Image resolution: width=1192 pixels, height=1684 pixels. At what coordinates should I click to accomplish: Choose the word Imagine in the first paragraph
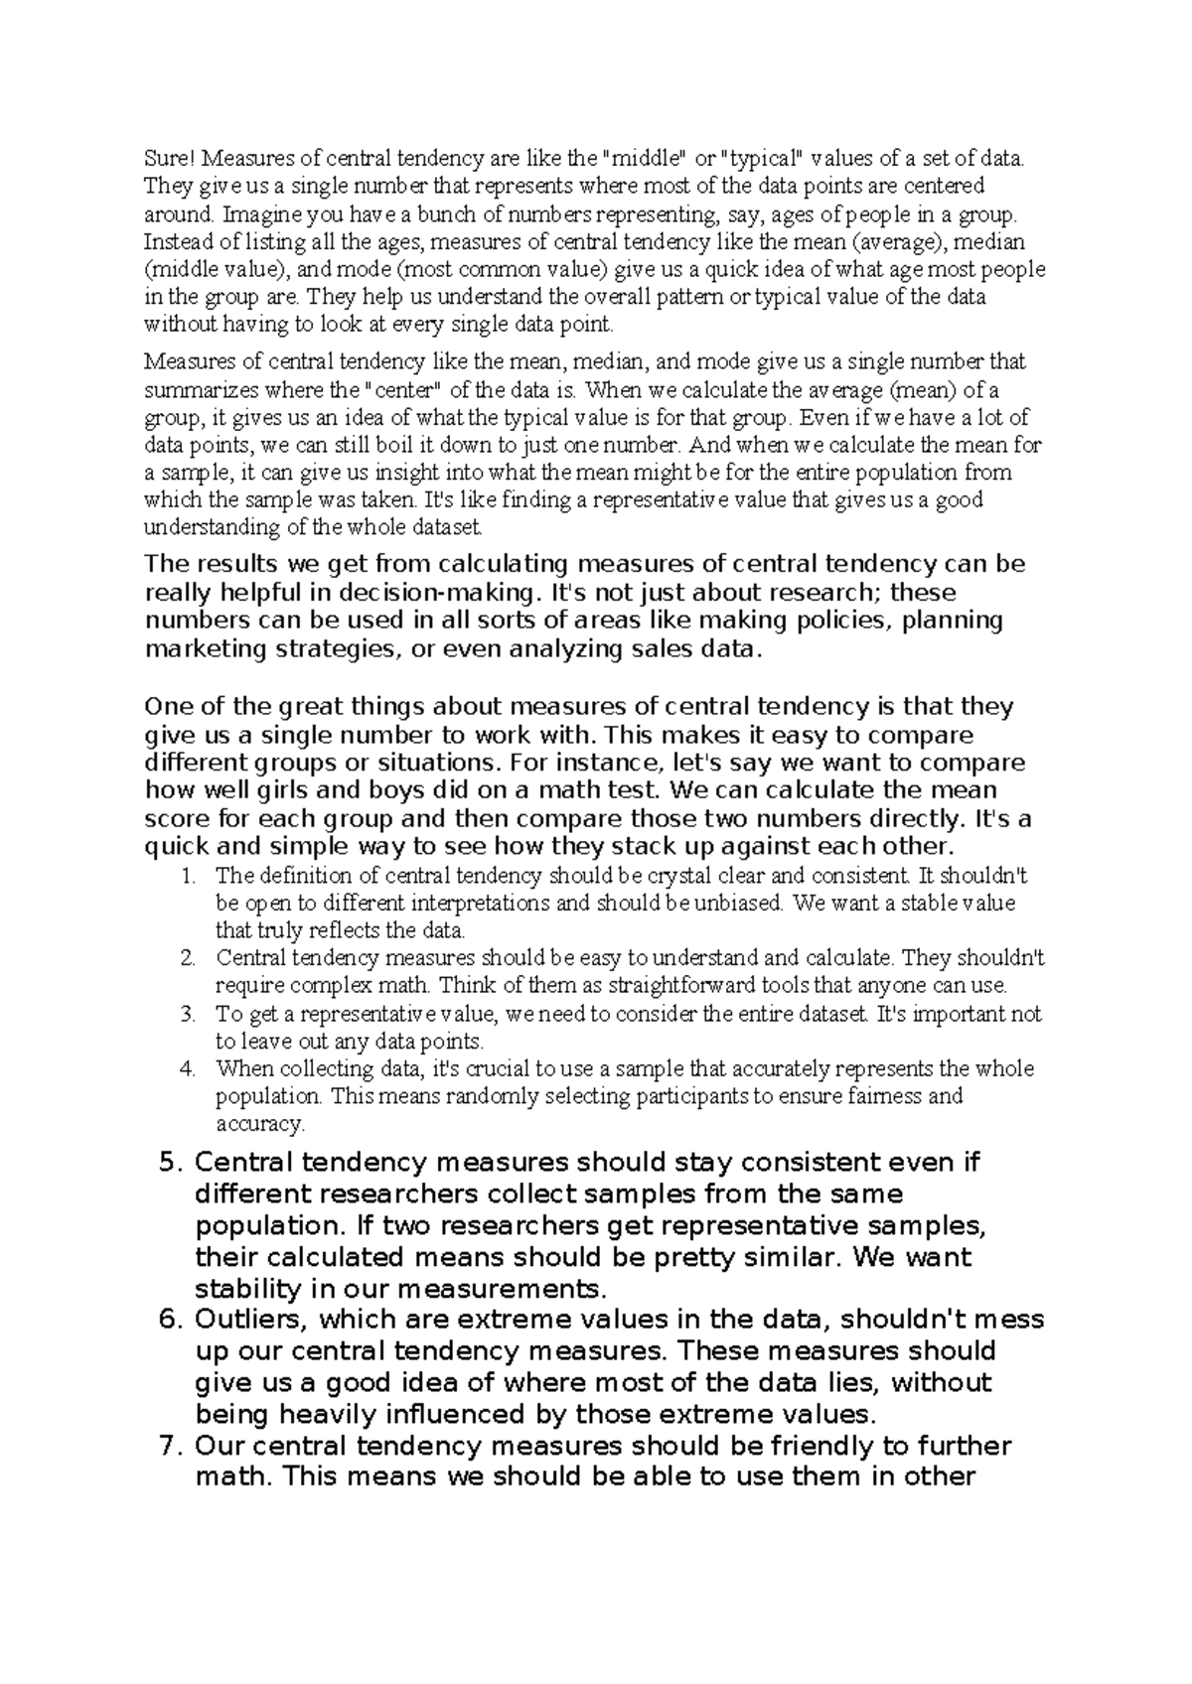tap(256, 213)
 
